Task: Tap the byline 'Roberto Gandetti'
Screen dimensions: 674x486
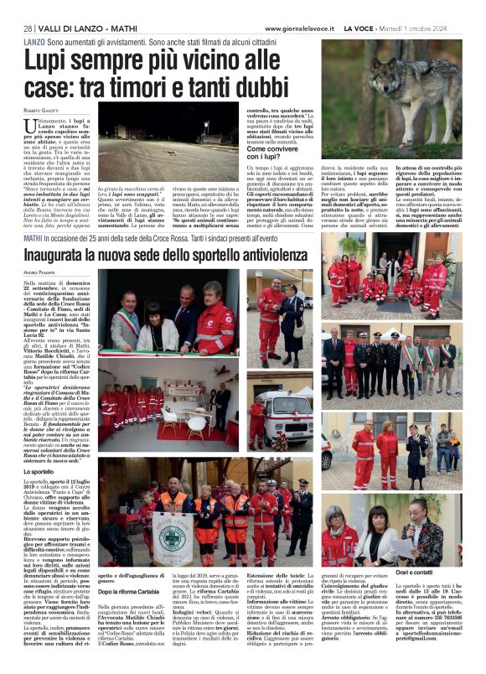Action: [x=44, y=110]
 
